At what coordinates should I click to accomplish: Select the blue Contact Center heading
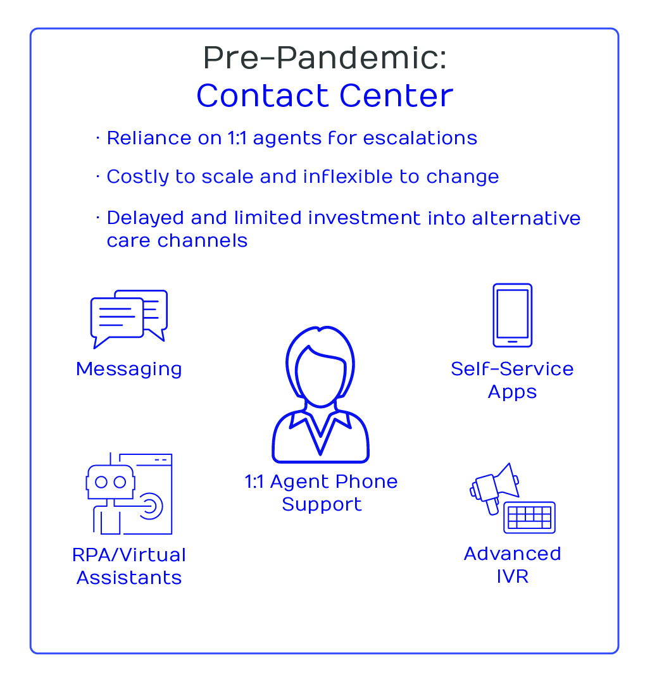pos(325,96)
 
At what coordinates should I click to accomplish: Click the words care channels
pos(177,241)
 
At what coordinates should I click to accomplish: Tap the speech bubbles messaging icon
pos(128,319)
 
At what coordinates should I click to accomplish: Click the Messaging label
pos(128,370)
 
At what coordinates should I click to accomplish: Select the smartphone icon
pos(512,315)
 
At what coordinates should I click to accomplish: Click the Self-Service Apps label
pos(512,380)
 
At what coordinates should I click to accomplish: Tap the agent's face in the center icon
pos(320,376)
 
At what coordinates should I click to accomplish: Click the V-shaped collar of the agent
pos(320,432)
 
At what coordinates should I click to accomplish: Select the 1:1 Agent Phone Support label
pos(321,493)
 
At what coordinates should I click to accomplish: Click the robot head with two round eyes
pos(111,482)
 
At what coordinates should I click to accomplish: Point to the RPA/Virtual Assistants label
pos(129,566)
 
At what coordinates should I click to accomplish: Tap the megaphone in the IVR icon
pos(494,488)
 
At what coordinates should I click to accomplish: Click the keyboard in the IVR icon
pos(529,518)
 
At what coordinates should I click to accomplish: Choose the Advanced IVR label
pos(512,565)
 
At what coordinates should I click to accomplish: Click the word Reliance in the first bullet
pos(149,138)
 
